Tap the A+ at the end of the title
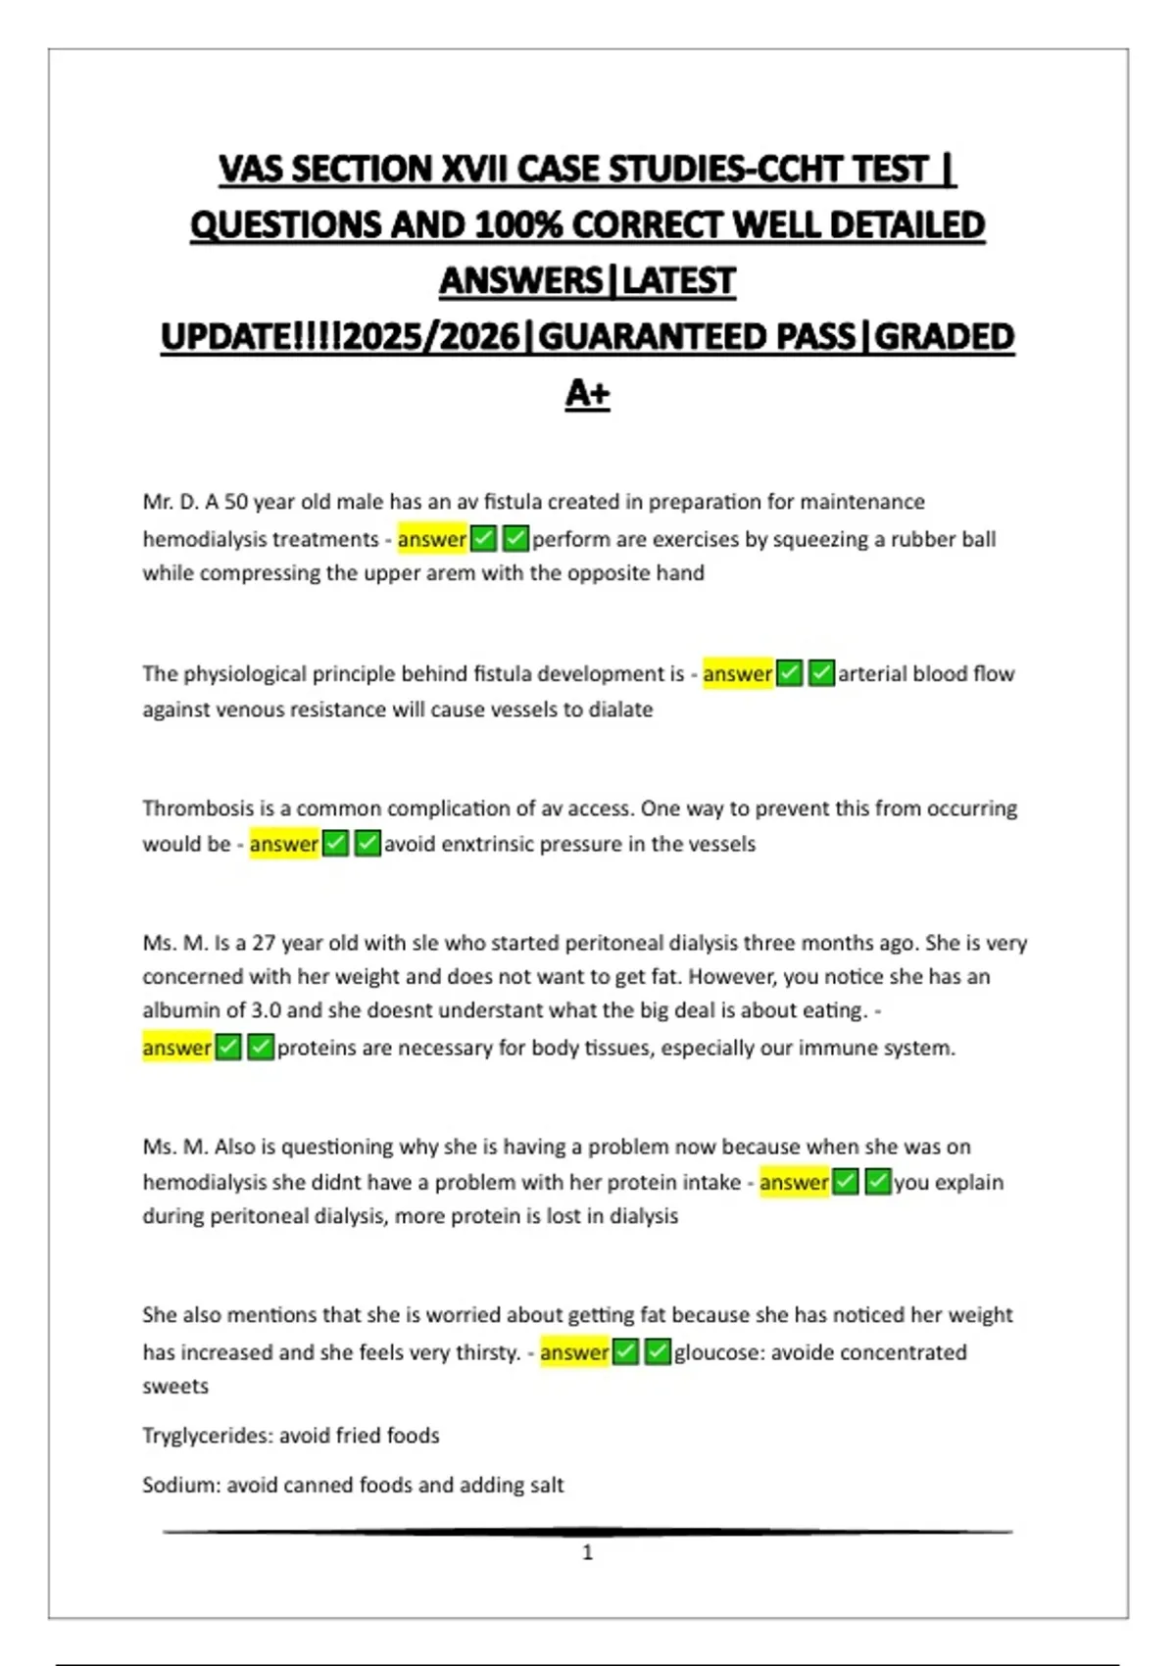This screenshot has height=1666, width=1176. pos(587,393)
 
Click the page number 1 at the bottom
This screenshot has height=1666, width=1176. pos(587,1552)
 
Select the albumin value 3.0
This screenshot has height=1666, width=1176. pos(265,1010)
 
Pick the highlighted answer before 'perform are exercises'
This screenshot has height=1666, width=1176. pos(432,539)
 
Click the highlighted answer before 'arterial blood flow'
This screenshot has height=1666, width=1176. pos(737,674)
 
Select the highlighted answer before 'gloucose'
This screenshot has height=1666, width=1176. pos(574,1352)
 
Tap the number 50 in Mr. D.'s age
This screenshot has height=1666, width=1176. pos(236,502)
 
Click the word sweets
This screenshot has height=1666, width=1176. pos(175,1387)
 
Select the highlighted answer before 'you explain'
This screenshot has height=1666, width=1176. pos(794,1183)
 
